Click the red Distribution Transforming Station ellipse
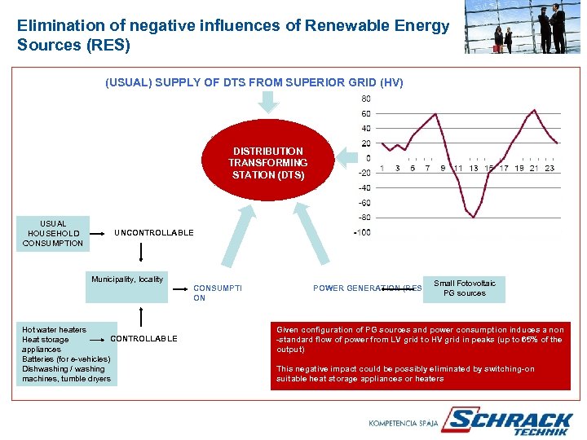267,163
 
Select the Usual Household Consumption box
53,233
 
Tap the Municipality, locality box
127,279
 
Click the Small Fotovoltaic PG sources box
464,288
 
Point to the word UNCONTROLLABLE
154,233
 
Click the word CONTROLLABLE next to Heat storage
143,339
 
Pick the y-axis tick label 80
365,99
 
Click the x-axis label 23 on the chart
549,169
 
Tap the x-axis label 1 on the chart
382,169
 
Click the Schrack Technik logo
510,422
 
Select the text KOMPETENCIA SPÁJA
403,423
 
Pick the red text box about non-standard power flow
421,354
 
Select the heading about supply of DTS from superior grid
254,82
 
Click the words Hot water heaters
54,330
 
